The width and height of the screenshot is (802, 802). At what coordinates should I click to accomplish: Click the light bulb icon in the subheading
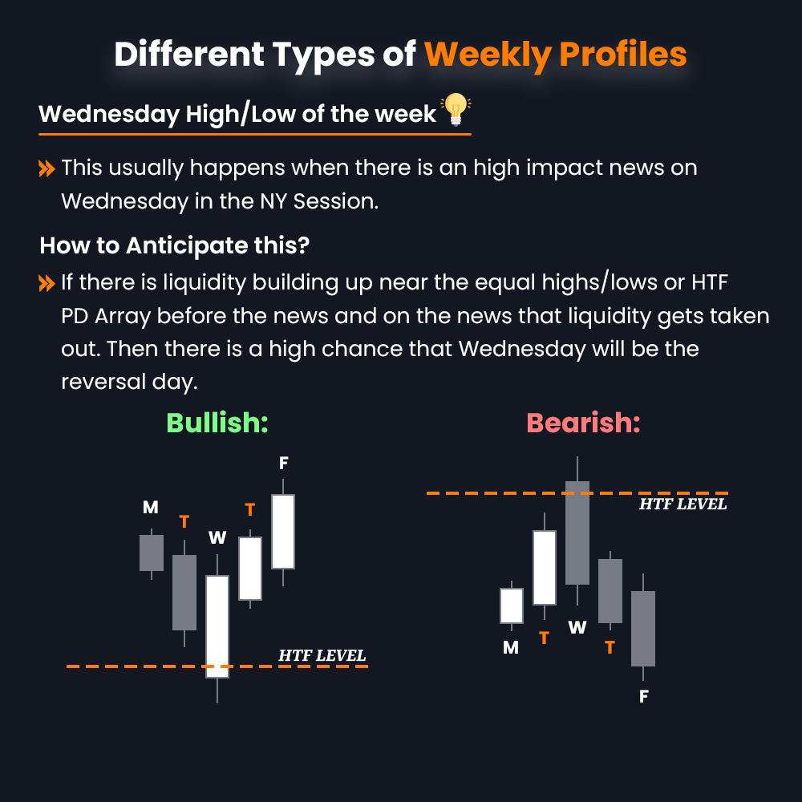click(x=456, y=110)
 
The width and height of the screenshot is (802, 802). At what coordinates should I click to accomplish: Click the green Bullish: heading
click(x=217, y=423)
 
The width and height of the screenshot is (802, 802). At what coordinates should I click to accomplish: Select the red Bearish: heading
click(x=583, y=423)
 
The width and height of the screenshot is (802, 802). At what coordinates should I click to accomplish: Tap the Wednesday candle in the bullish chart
click(x=217, y=626)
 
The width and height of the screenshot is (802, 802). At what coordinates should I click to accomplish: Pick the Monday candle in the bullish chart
click(x=152, y=553)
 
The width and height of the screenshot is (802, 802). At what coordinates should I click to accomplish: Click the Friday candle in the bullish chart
click(x=283, y=531)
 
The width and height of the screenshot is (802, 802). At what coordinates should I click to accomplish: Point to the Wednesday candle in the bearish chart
click(x=577, y=533)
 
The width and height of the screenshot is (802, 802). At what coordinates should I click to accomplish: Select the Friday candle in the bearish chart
click(x=643, y=628)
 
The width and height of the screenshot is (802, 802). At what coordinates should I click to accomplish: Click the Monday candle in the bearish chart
click(x=512, y=606)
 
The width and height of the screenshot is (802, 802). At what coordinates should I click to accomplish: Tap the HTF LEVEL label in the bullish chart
click(x=322, y=655)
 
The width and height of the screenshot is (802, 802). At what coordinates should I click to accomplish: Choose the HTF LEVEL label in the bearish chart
click(x=683, y=504)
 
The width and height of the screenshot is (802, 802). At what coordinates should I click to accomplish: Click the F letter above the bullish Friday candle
click(x=283, y=463)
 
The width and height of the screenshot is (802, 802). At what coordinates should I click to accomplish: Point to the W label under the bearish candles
click(x=577, y=627)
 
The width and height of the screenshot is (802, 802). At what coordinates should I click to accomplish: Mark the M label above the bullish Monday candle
click(x=151, y=507)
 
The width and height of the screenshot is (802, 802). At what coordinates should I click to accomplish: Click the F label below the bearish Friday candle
click(x=643, y=696)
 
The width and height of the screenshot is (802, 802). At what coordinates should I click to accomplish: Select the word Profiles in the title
click(x=622, y=54)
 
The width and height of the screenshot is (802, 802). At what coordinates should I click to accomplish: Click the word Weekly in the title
click(x=487, y=54)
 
